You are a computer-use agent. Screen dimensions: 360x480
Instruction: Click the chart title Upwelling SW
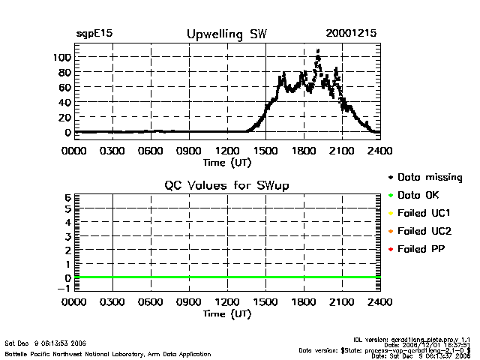[226, 34]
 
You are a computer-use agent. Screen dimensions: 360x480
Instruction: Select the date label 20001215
[351, 34]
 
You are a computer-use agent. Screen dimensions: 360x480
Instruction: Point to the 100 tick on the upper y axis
[61, 57]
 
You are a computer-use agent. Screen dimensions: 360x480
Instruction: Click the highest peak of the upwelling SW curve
[318, 51]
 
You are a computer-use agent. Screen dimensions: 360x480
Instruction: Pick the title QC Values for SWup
[226, 185]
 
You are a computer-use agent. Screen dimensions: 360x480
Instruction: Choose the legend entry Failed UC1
[425, 213]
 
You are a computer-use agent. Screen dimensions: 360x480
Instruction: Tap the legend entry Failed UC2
[425, 231]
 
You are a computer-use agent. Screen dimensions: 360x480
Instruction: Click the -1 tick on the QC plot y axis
[64, 288]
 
